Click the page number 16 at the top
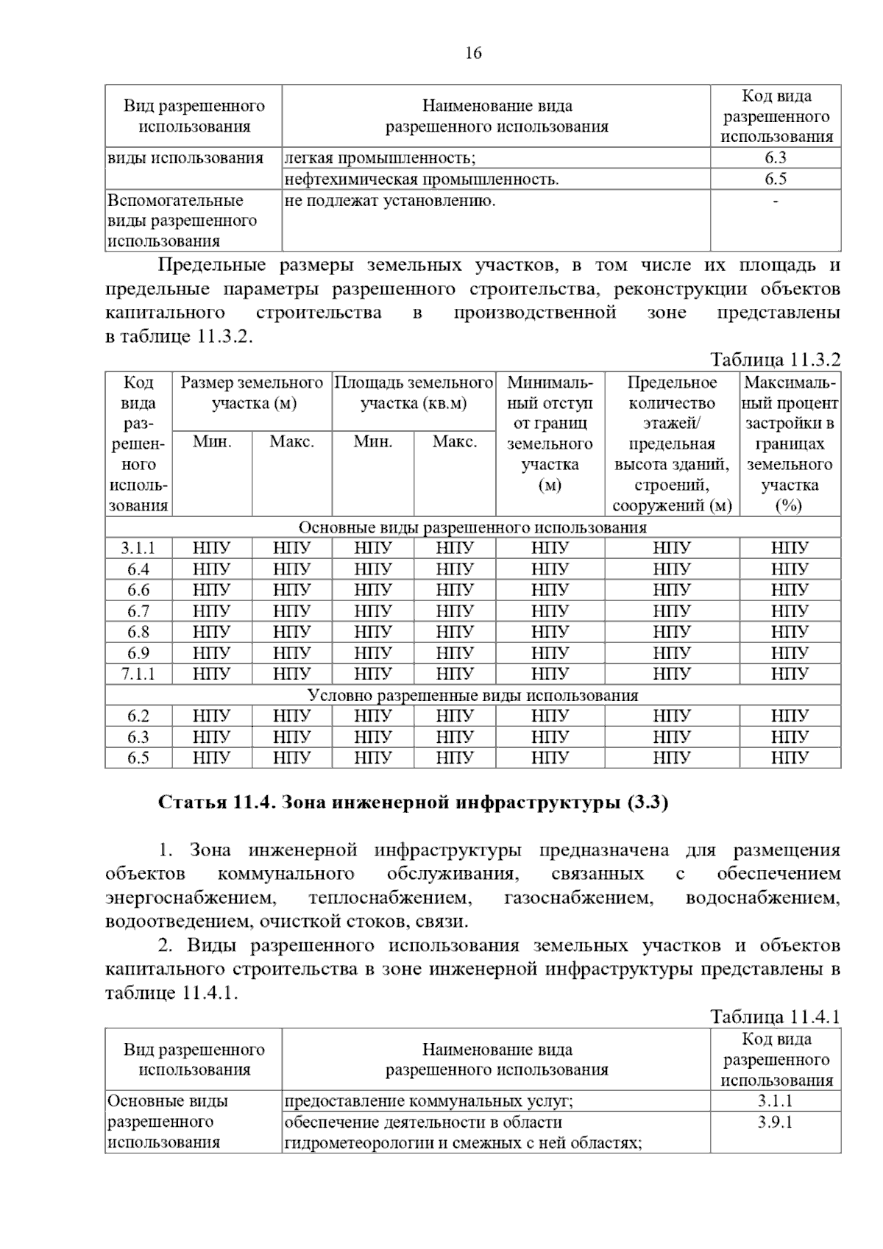pyautogui.click(x=473, y=53)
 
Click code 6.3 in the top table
pyautogui.click(x=775, y=158)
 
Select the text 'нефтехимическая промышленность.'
pyautogui.click(x=422, y=179)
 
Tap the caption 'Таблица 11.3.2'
pyautogui.click(x=775, y=360)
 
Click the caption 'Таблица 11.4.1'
pyautogui.click(x=775, y=1017)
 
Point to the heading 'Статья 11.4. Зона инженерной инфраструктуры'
pyautogui.click(x=413, y=803)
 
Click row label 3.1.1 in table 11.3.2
pyautogui.click(x=138, y=548)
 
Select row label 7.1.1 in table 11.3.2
pyautogui.click(x=138, y=674)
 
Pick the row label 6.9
pyautogui.click(x=138, y=653)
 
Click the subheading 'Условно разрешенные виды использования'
pyautogui.click(x=472, y=695)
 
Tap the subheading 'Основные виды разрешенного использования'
pyautogui.click(x=472, y=527)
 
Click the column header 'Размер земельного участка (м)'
pyautogui.click(x=252, y=393)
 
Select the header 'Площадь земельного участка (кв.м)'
pyautogui.click(x=414, y=393)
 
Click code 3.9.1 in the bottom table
pyautogui.click(x=775, y=1122)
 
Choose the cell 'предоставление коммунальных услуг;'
pyautogui.click(x=429, y=1101)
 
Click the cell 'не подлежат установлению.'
pyautogui.click(x=390, y=201)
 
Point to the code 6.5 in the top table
pyautogui.click(x=775, y=179)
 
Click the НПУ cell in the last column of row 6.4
pyautogui.click(x=790, y=569)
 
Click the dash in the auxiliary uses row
pyautogui.click(x=775, y=201)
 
